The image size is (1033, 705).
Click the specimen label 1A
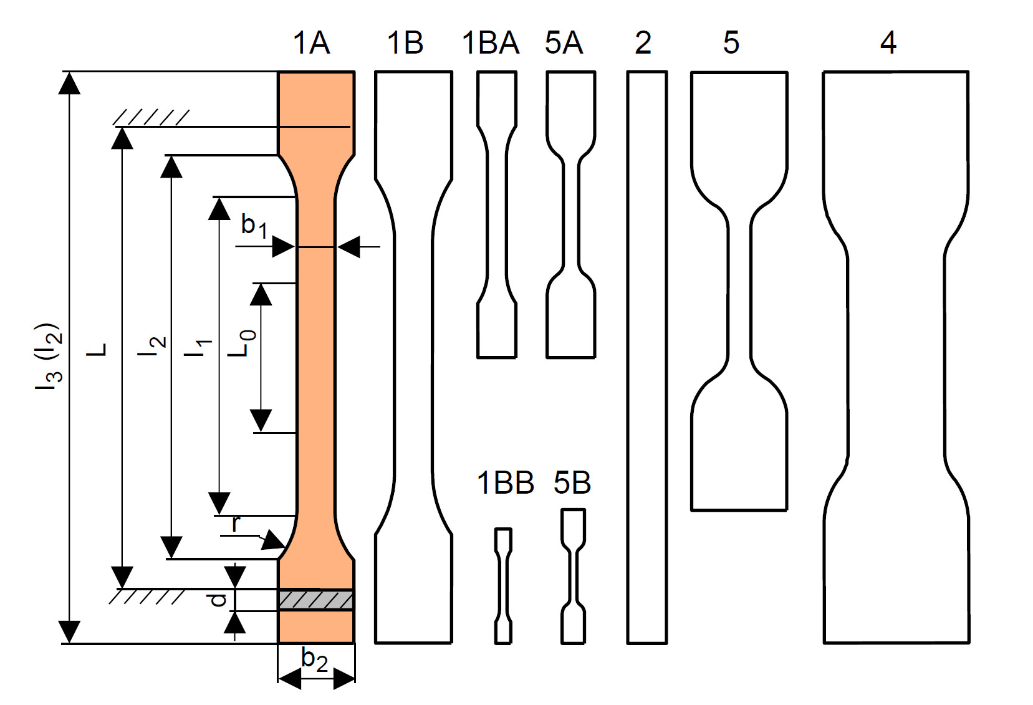point(311,43)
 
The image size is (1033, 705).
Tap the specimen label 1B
point(405,43)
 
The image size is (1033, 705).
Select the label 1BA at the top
point(490,43)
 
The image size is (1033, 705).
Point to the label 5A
point(564,43)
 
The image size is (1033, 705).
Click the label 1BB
point(505,483)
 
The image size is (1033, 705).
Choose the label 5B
point(572,483)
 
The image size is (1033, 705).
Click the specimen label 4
point(888,43)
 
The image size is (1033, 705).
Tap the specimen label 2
point(643,43)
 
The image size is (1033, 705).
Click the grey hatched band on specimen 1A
point(315,600)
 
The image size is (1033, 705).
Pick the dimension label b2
point(314,660)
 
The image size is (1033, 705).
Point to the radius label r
point(235,524)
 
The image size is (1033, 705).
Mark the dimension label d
point(217,600)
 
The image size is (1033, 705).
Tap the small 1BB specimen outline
point(503,586)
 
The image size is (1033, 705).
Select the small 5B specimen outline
point(573,577)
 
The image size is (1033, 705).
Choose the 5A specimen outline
point(571,215)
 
